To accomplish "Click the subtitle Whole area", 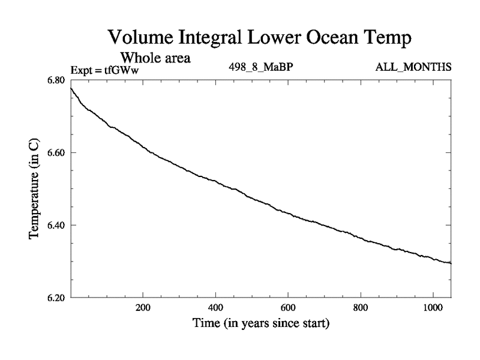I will (x=156, y=58).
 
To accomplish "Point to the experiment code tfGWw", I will (x=123, y=70).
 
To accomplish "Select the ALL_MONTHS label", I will (x=413, y=67).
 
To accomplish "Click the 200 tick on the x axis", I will (x=143, y=307).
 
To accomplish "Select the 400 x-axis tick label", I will (x=215, y=307).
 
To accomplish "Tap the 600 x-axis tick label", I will (x=288, y=307).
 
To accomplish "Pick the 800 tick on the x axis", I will (x=361, y=307).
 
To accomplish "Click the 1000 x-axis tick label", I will (x=433, y=307).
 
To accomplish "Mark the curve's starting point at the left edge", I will (x=71, y=88).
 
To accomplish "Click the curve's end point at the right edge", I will (x=451, y=263).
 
